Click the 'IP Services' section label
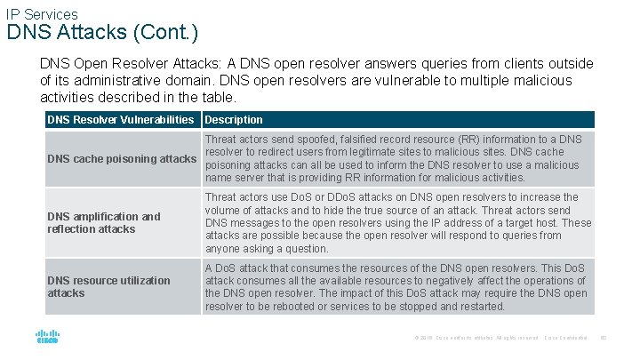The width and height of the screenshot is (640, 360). pyautogui.click(x=42, y=14)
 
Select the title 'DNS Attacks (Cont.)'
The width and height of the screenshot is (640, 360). pyautogui.click(x=102, y=34)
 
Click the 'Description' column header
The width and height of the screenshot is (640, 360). pyautogui.click(x=234, y=120)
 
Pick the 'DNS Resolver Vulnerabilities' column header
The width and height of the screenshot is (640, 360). pyautogui.click(x=120, y=120)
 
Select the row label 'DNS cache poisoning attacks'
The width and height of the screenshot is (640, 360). pyautogui.click(x=122, y=159)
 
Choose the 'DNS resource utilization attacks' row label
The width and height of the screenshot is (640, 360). pyautogui.click(x=108, y=286)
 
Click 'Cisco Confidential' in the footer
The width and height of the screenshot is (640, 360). pyautogui.click(x=566, y=338)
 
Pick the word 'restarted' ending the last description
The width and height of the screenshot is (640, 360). pyautogui.click(x=480, y=307)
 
